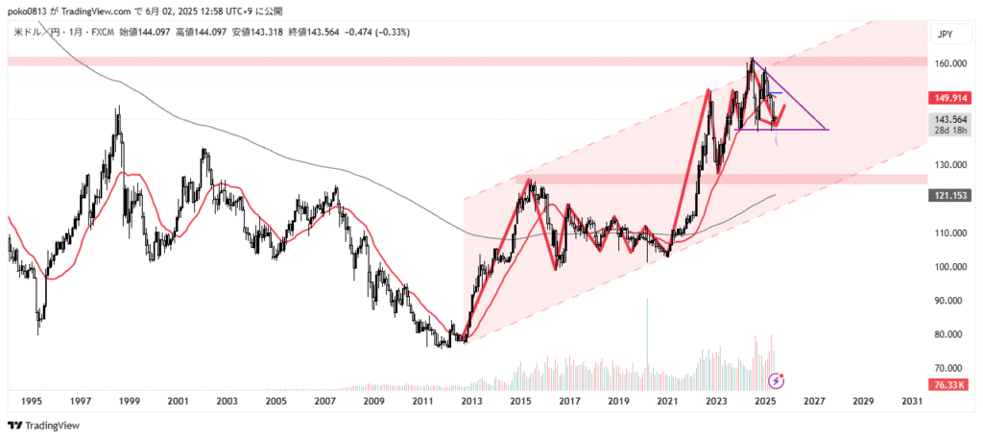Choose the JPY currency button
(945, 35)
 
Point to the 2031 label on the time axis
(912, 401)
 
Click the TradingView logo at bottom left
(43, 426)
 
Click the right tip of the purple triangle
(827, 129)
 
